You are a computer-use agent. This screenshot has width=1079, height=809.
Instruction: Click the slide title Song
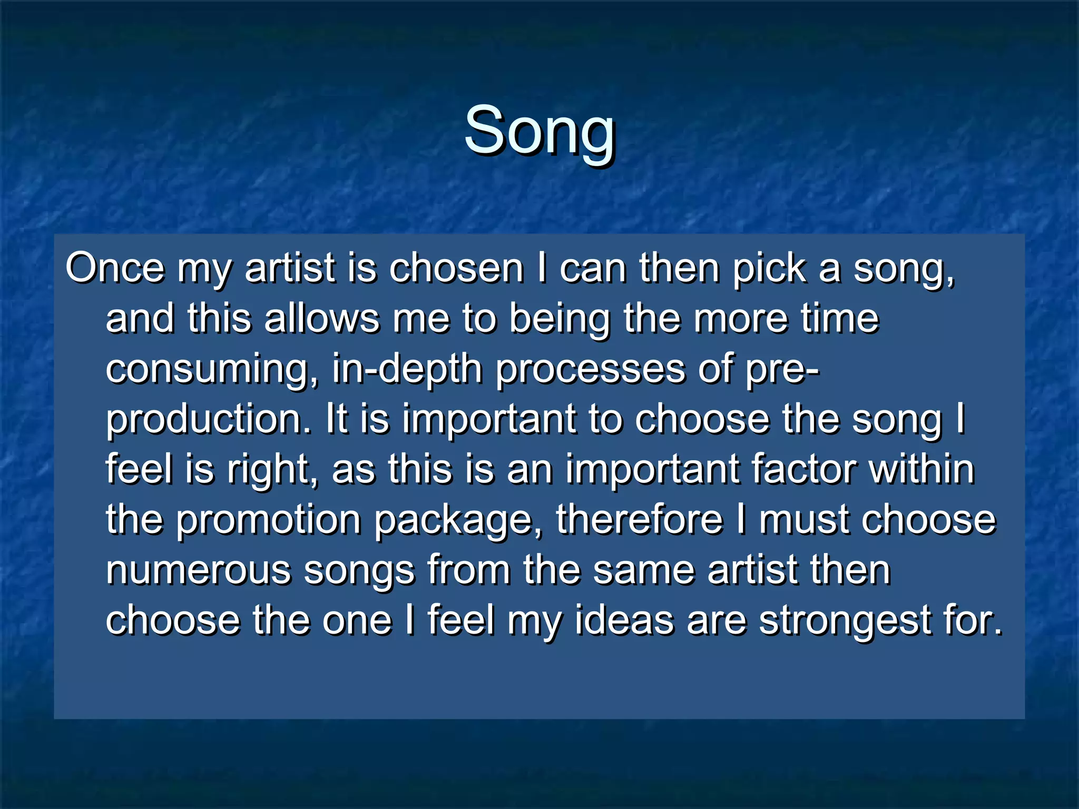[539, 131]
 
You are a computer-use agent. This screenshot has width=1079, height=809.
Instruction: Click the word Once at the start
[114, 268]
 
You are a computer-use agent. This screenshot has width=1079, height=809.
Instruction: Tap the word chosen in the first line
[456, 268]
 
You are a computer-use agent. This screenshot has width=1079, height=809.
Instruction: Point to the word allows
[321, 319]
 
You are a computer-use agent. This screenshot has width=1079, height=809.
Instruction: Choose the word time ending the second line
[840, 319]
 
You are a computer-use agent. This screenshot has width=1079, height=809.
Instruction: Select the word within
[921, 469]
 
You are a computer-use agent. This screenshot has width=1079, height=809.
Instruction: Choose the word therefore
[640, 519]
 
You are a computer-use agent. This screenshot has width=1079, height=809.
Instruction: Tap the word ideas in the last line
[624, 620]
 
